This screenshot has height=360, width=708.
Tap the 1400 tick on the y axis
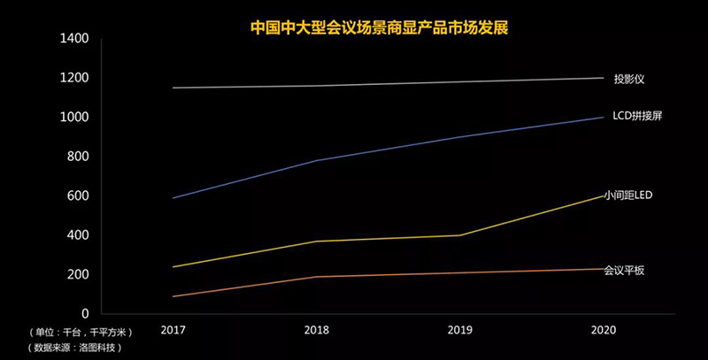coord(74,39)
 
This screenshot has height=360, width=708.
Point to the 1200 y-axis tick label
coord(74,78)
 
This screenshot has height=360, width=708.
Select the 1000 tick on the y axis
coord(74,118)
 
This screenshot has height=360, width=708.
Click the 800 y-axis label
coord(78,157)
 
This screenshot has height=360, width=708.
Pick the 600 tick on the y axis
coord(78,196)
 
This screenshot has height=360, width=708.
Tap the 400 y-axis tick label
coord(78,235)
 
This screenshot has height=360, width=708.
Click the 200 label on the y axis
coord(78,275)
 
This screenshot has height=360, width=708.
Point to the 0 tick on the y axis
coord(86,314)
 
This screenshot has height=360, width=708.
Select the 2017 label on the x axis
coord(173,331)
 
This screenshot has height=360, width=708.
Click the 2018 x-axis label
coord(316,331)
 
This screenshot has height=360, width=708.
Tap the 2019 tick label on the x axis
coord(459,331)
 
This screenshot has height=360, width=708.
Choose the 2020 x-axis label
coord(603,331)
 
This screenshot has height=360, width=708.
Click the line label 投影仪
coord(628,79)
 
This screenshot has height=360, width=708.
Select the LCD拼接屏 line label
coord(637,118)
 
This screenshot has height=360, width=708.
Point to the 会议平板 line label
coord(624,270)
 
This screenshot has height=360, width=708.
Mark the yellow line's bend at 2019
coord(459,235)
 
